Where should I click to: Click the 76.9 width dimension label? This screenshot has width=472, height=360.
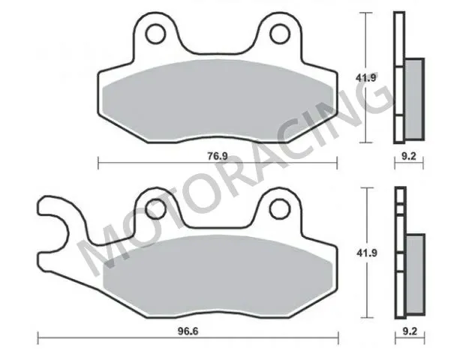(x=218, y=156)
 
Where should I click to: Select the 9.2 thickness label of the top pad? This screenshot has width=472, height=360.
(x=408, y=157)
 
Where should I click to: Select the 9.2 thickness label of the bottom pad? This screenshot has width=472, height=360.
(x=408, y=330)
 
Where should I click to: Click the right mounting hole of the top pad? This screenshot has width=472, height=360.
(x=278, y=33)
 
